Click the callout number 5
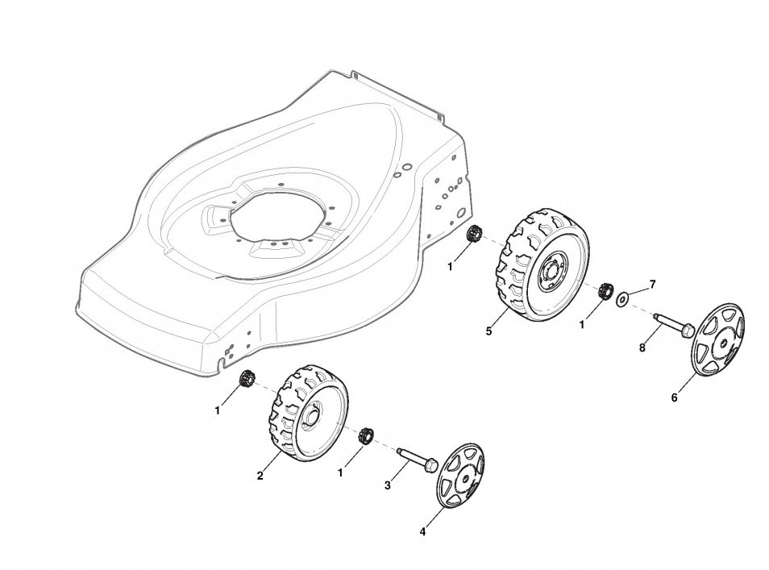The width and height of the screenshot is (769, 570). click(488, 331)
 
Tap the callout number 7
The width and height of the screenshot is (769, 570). click(653, 284)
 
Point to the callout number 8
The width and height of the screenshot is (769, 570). click(642, 348)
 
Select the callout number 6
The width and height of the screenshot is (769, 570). click(674, 397)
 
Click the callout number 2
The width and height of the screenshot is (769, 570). click(260, 476)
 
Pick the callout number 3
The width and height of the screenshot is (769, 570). click(388, 485)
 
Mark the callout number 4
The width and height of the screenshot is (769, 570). click(422, 531)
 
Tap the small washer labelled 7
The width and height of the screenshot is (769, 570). click(623, 300)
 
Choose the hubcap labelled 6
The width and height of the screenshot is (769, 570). click(719, 339)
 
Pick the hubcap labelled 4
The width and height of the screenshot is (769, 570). click(459, 475)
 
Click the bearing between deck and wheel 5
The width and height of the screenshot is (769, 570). click(475, 234)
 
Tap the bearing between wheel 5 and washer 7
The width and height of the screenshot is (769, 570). click(605, 291)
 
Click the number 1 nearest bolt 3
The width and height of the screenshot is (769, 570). click(340, 473)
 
